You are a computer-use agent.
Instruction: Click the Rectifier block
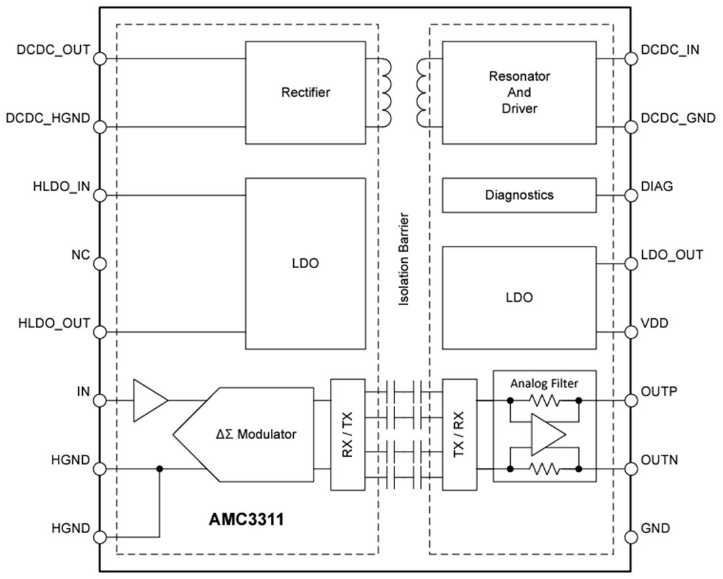pyautogui.click(x=305, y=92)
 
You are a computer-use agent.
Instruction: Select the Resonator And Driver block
pyautogui.click(x=519, y=92)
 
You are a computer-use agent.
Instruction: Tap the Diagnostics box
pyautogui.click(x=519, y=195)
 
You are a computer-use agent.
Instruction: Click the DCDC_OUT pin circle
pyautogui.click(x=100, y=58)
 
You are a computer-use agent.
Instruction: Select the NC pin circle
pyautogui.click(x=100, y=264)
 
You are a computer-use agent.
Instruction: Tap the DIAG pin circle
pyautogui.click(x=631, y=195)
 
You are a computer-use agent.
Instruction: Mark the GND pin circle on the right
pyautogui.click(x=631, y=537)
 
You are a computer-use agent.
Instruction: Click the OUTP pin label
pyautogui.click(x=659, y=392)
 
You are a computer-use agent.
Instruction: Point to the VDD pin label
pyautogui.click(x=655, y=323)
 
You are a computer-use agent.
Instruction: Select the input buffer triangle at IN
pyautogui.click(x=149, y=400)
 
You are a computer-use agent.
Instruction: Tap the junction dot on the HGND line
pyautogui.click(x=159, y=469)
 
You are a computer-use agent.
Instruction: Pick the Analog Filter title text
pyautogui.click(x=545, y=382)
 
